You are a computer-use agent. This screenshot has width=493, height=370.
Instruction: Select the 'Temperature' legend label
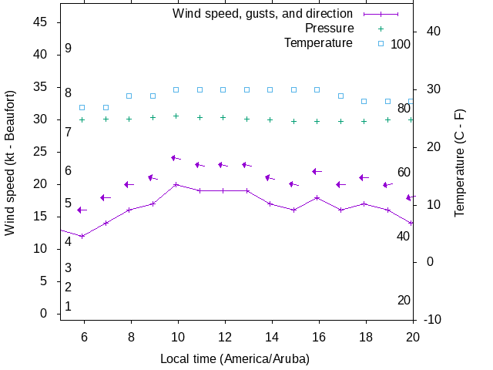(318, 43)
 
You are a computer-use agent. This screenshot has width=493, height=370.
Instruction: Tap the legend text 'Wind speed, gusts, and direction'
(263, 14)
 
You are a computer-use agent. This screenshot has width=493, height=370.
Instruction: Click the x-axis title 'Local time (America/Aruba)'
(235, 359)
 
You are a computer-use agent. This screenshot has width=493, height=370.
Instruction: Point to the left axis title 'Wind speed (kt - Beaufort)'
(10, 163)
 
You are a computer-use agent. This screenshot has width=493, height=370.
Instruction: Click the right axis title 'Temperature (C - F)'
(460, 162)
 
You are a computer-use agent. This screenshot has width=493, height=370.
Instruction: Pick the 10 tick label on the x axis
(177, 336)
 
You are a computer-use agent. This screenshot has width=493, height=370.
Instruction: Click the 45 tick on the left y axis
(42, 22)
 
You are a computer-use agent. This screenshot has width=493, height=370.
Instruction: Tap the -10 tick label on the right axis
(433, 320)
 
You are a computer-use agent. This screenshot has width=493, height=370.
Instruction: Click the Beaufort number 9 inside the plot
(69, 49)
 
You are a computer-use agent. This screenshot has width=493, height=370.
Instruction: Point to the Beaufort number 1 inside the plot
(69, 307)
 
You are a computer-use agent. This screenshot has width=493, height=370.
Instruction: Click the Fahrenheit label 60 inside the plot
(404, 172)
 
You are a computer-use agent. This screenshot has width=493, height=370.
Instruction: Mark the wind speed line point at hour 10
(176, 184)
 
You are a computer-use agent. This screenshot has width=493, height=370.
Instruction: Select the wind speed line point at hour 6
(82, 236)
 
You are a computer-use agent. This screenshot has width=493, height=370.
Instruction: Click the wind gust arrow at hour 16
(316, 171)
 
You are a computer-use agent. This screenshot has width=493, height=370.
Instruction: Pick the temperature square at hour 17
(340, 96)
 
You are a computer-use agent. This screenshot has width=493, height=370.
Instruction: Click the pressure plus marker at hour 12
(223, 117)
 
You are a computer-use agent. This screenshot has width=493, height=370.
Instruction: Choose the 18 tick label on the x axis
(364, 336)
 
